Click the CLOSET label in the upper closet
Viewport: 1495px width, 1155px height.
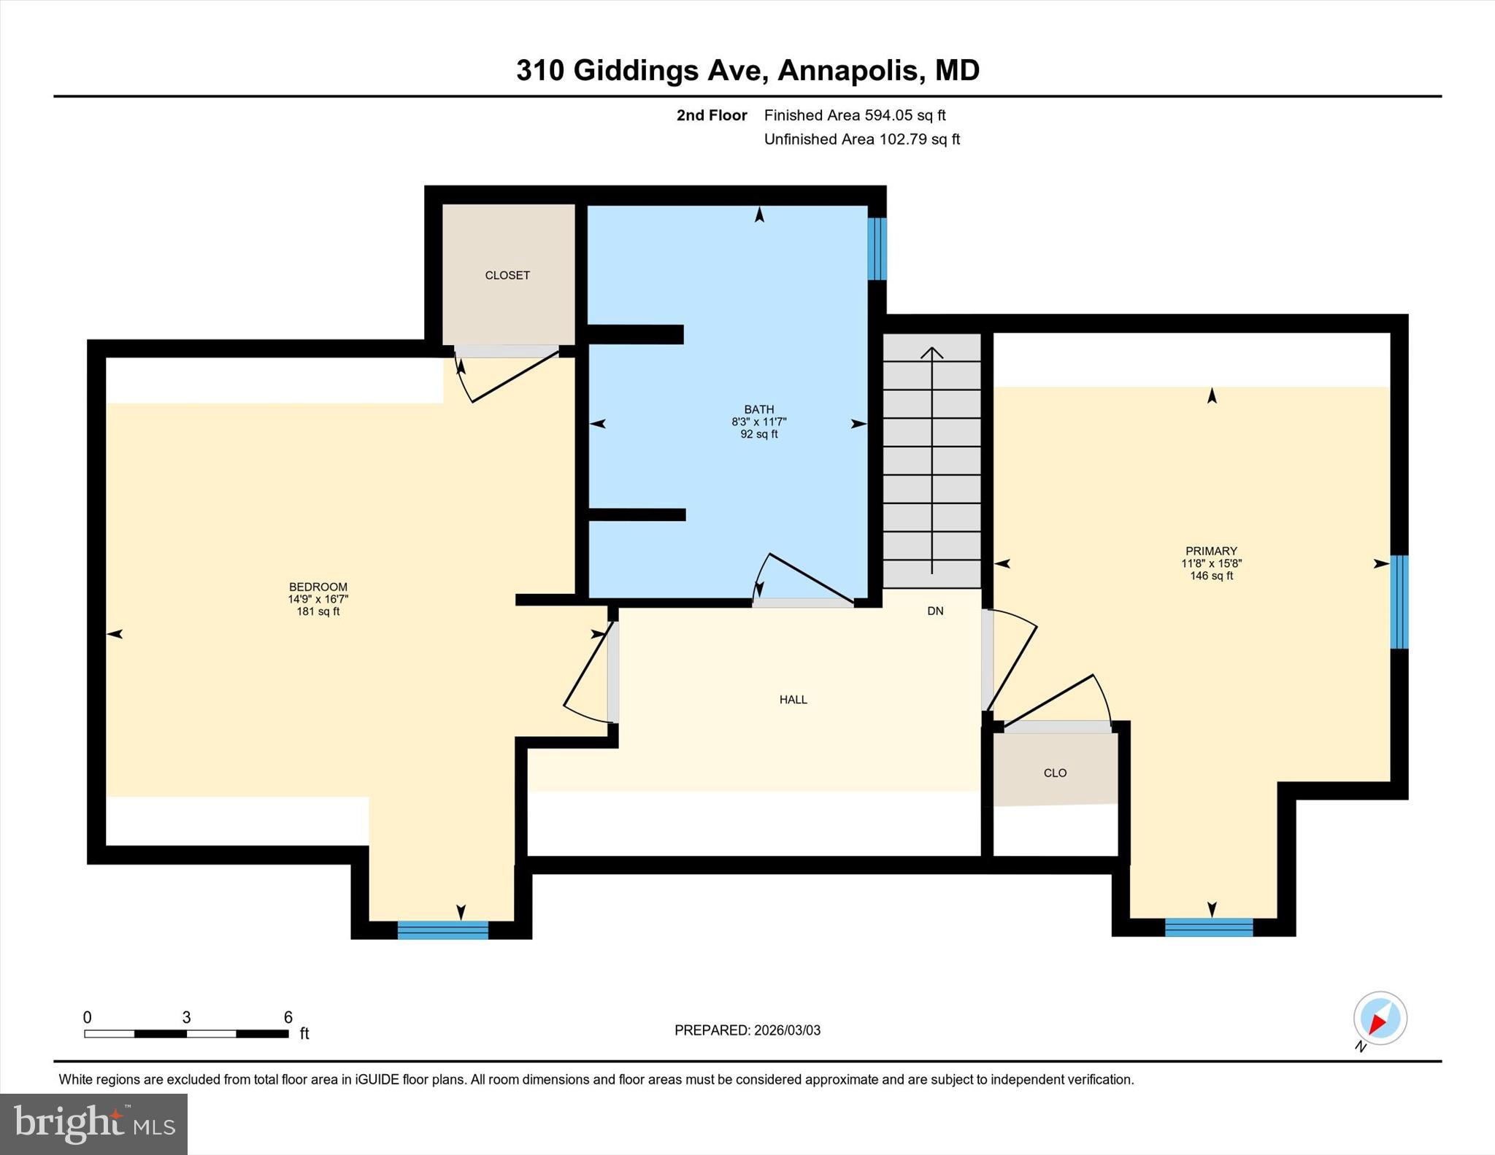click(x=507, y=275)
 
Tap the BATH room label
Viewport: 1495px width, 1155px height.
click(x=758, y=409)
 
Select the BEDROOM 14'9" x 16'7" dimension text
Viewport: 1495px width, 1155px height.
click(x=318, y=599)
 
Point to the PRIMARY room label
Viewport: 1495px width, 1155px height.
click(x=1211, y=551)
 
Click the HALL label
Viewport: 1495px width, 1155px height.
click(x=793, y=700)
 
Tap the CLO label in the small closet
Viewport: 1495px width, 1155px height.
click(x=1055, y=773)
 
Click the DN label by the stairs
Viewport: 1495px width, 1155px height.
click(x=935, y=611)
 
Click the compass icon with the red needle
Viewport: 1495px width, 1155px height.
click(x=1380, y=1019)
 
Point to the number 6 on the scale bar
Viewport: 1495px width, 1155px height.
click(x=288, y=1017)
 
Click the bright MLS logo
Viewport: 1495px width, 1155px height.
click(x=93, y=1124)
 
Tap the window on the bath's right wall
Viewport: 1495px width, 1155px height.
click(x=877, y=249)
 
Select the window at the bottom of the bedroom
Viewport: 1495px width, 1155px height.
click(x=442, y=930)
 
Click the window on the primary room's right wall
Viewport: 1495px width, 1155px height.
click(x=1399, y=602)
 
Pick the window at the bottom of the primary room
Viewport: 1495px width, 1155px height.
click(x=1209, y=927)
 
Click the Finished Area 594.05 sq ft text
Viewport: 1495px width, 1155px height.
click(x=854, y=115)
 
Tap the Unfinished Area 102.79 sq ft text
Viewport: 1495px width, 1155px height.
click(x=861, y=139)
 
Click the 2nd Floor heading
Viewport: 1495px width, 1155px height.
click(x=711, y=115)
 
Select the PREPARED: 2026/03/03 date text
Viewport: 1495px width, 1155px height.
click(x=747, y=1030)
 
